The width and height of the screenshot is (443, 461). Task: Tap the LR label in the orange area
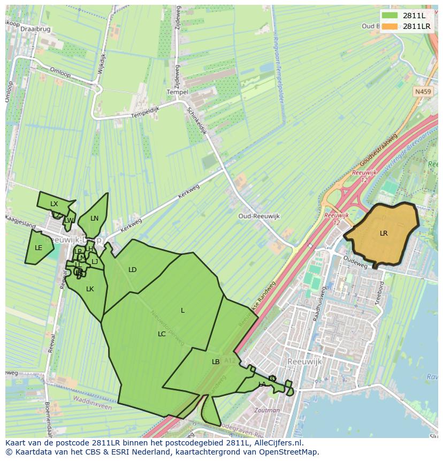click(384, 233)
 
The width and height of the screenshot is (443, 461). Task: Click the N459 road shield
click(423, 92)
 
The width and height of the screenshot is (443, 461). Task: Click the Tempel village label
click(178, 92)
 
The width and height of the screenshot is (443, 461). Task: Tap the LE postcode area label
click(39, 248)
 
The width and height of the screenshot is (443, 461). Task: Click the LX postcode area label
click(54, 204)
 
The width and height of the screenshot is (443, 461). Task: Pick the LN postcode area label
click(95, 218)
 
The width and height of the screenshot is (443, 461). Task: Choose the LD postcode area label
click(133, 270)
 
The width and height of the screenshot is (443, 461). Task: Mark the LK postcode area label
click(90, 289)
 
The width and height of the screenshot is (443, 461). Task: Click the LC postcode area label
click(162, 334)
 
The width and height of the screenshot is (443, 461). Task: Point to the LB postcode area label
click(216, 362)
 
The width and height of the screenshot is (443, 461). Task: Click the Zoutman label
click(268, 411)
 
